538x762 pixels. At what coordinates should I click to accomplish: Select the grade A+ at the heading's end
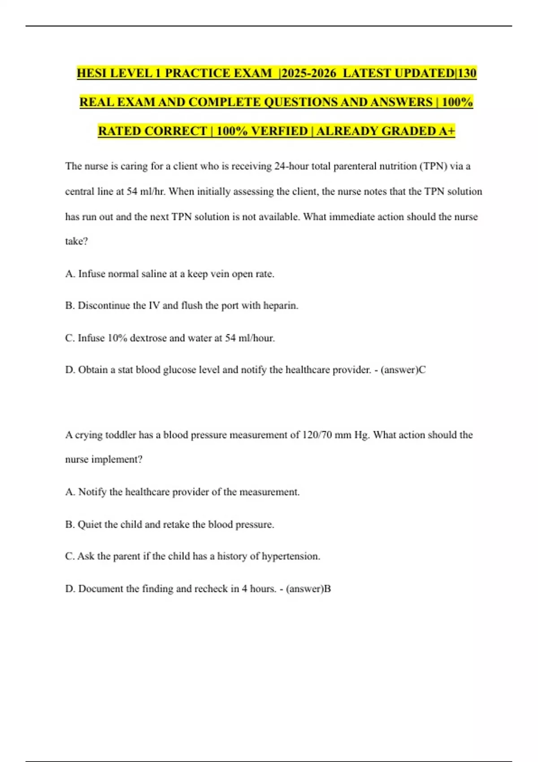(447, 131)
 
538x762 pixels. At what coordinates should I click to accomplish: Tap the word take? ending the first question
(76, 241)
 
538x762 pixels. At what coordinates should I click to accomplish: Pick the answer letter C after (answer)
(422, 370)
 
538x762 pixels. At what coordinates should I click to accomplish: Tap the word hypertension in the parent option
(290, 556)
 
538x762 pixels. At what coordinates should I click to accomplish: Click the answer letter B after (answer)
(327, 589)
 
